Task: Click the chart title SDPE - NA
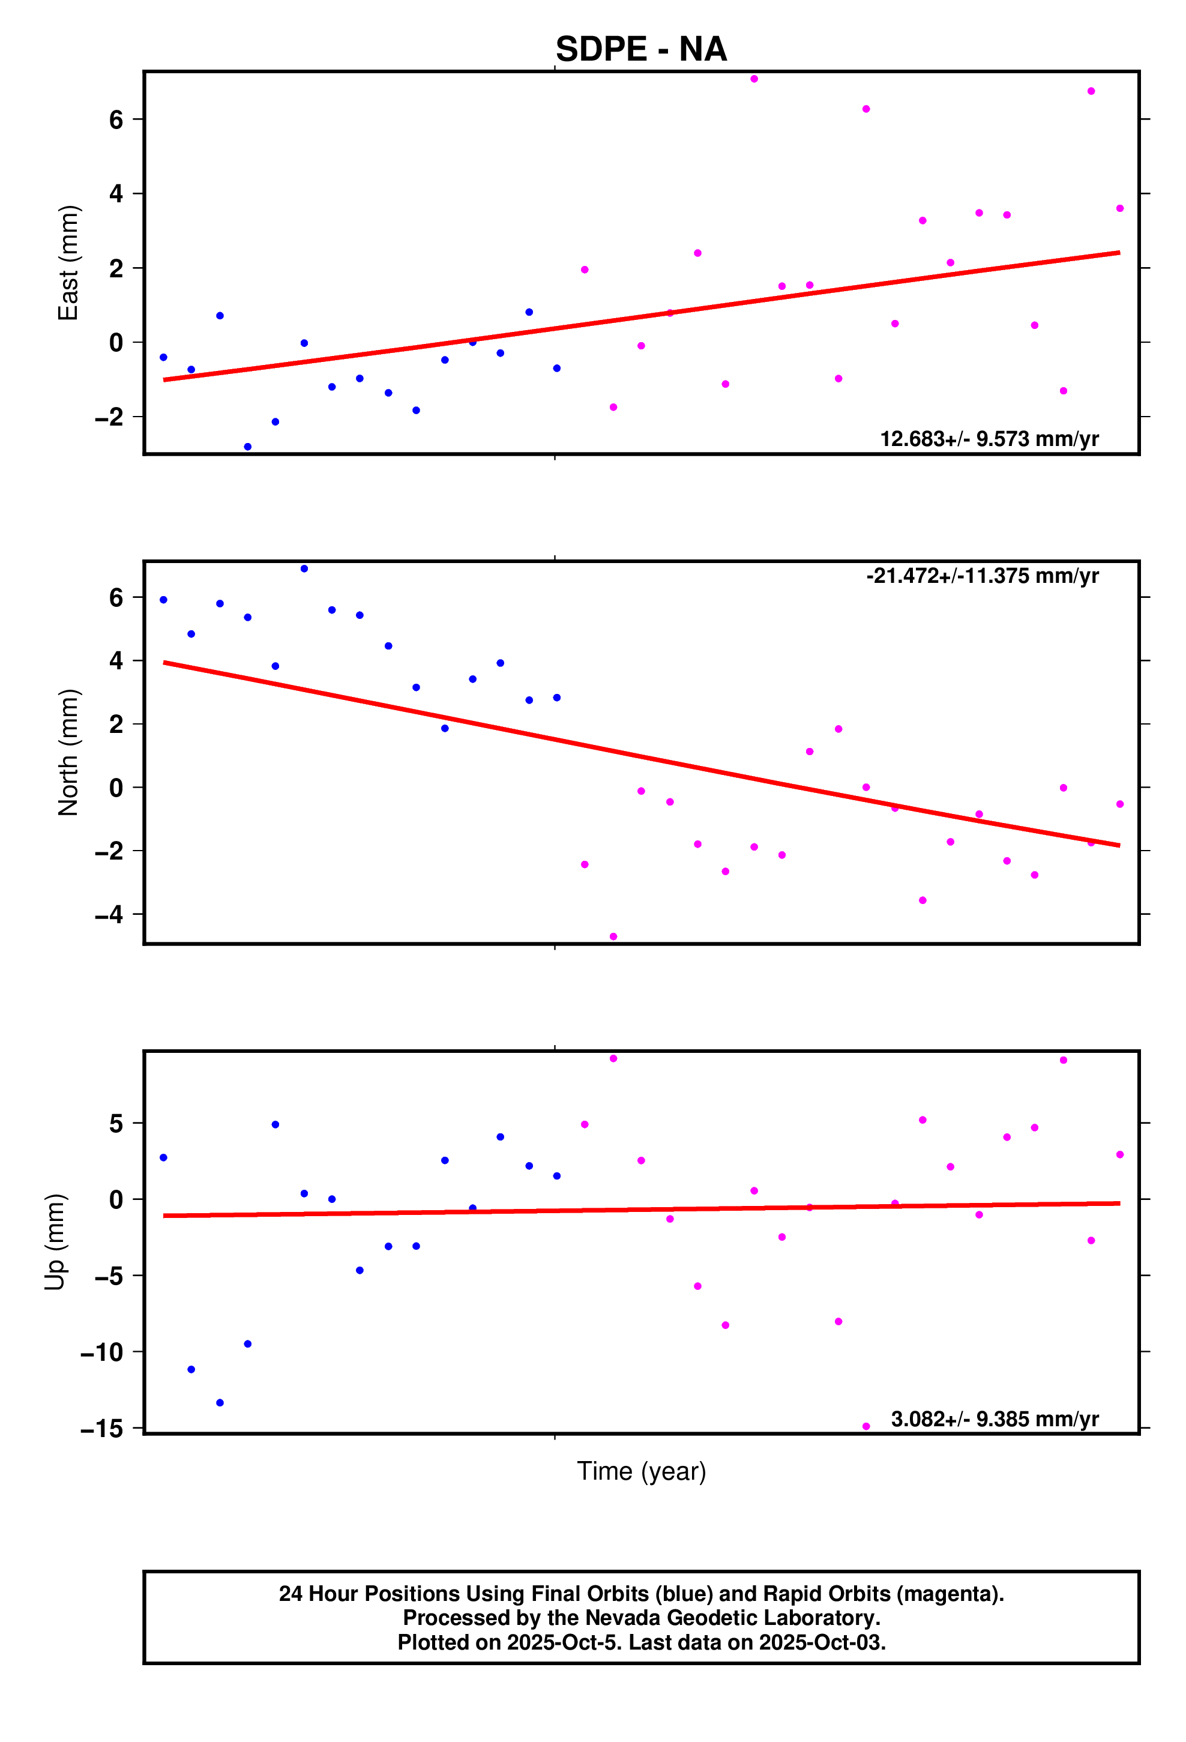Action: tap(641, 49)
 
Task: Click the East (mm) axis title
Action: tap(68, 262)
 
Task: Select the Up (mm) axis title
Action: tap(55, 1242)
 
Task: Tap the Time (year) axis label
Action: tap(641, 1471)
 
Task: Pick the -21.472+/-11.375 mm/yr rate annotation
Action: tap(982, 576)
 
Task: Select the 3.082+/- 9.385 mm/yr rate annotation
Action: tap(994, 1419)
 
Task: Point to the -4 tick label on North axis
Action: tap(109, 914)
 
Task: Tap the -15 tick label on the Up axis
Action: tap(102, 1429)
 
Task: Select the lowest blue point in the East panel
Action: tap(247, 447)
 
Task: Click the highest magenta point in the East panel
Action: tap(754, 79)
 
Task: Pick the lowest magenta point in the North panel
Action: tap(613, 937)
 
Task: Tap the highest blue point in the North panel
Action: tap(304, 569)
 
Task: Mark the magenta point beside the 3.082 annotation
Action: tap(866, 1426)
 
